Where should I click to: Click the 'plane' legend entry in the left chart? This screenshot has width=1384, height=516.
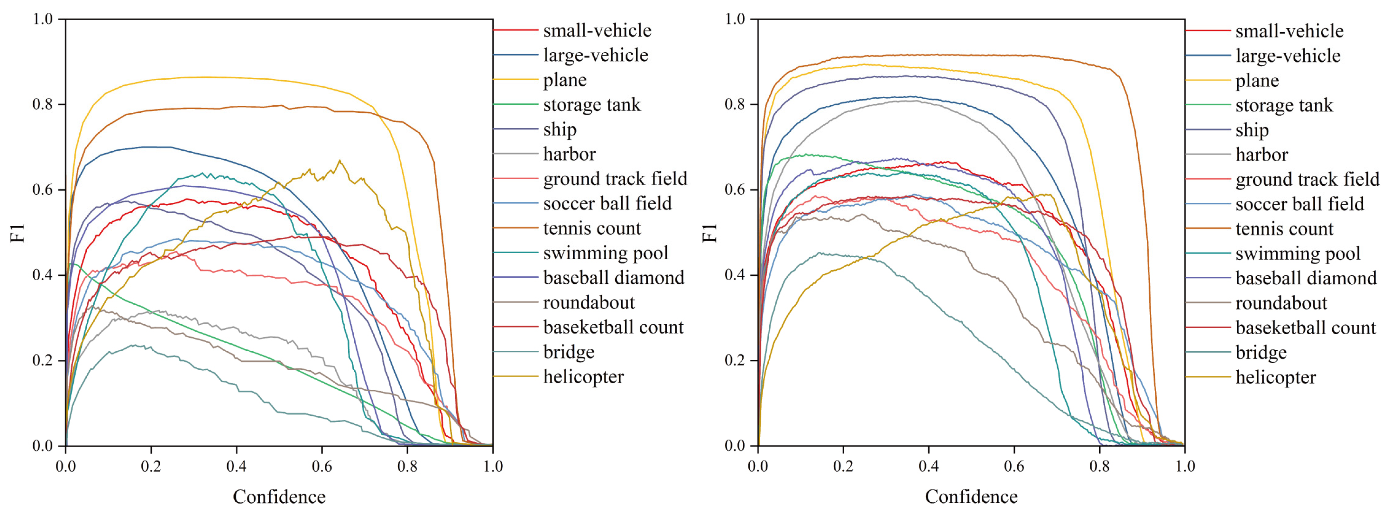[565, 80]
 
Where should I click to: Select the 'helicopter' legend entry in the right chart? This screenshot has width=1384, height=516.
[1275, 377]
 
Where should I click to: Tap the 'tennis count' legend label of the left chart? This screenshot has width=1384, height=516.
[592, 228]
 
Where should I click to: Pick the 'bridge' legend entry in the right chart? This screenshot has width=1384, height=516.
[1261, 353]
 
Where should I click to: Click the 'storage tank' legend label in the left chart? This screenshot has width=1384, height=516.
[592, 105]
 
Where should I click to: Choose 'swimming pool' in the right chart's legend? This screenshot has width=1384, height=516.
[1298, 254]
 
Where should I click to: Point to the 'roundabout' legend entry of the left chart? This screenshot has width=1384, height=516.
[589, 303]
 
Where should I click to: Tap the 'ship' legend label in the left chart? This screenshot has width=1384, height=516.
[560, 129]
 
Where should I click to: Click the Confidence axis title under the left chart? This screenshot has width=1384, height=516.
[279, 497]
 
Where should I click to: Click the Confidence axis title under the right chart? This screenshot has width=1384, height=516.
[971, 497]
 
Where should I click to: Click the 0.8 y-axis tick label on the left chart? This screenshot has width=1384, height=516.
[43, 104]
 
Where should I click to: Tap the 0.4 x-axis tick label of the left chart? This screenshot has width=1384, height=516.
[237, 466]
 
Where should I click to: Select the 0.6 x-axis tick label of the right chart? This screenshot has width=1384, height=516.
[1014, 466]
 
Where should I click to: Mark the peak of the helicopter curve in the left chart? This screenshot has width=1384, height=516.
[339, 161]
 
